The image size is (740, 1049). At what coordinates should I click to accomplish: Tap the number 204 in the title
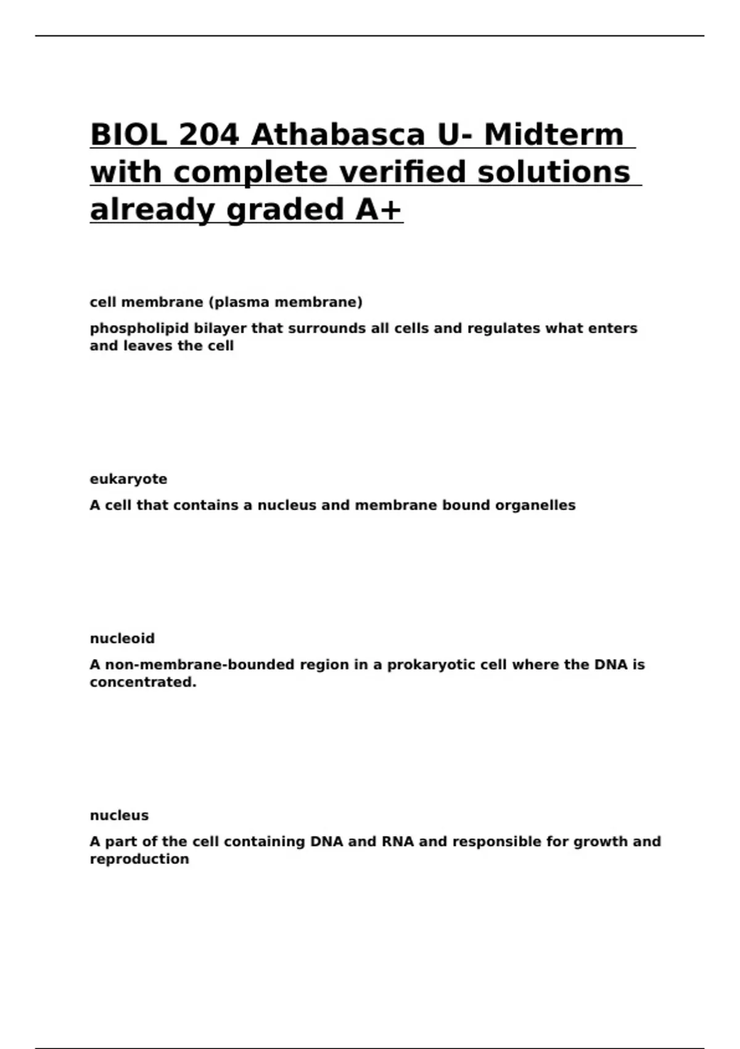pos(208,135)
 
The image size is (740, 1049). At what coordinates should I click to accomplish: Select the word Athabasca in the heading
pos(338,135)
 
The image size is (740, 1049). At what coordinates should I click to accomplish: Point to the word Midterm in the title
pos(554,135)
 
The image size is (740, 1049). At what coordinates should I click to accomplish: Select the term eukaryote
pos(128,479)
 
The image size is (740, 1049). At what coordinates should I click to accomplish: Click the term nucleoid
pos(122,639)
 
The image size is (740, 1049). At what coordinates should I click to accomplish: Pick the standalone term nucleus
pos(119,816)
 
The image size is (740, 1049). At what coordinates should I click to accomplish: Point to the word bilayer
pos(220,328)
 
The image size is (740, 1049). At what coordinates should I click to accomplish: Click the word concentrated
pos(142,682)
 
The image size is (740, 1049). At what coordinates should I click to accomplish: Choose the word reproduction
pos(139,860)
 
